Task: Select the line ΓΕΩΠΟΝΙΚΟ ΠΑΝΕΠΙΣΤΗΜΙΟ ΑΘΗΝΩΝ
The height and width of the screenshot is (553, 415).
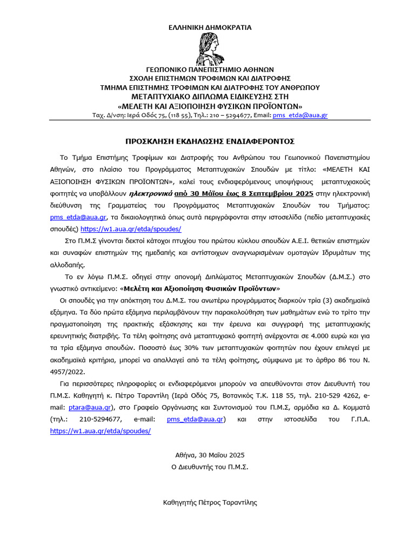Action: pyautogui.click(x=210, y=70)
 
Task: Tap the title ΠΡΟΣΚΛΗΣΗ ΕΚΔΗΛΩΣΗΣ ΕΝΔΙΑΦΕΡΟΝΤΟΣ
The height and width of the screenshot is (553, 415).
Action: pyautogui.click(x=210, y=141)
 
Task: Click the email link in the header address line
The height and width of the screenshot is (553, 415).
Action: pyautogui.click(x=300, y=115)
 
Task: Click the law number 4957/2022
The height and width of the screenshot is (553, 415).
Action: pyautogui.click(x=68, y=372)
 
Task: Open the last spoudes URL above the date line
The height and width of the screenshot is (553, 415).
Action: pyautogui.click(x=101, y=431)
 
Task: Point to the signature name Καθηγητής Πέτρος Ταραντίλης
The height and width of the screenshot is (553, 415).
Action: pyautogui.click(x=210, y=502)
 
